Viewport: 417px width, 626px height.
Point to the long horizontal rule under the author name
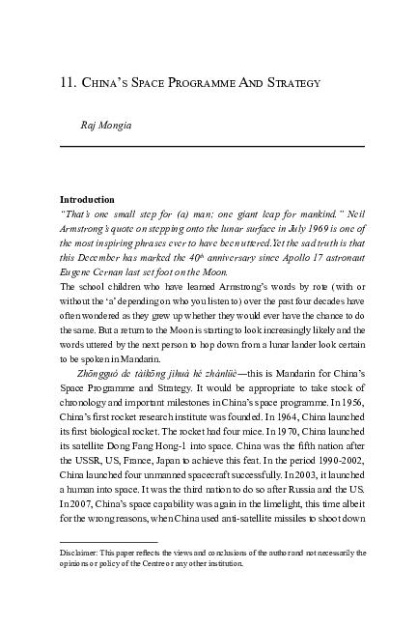(212, 146)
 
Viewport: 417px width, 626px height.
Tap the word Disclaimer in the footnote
(82, 553)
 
